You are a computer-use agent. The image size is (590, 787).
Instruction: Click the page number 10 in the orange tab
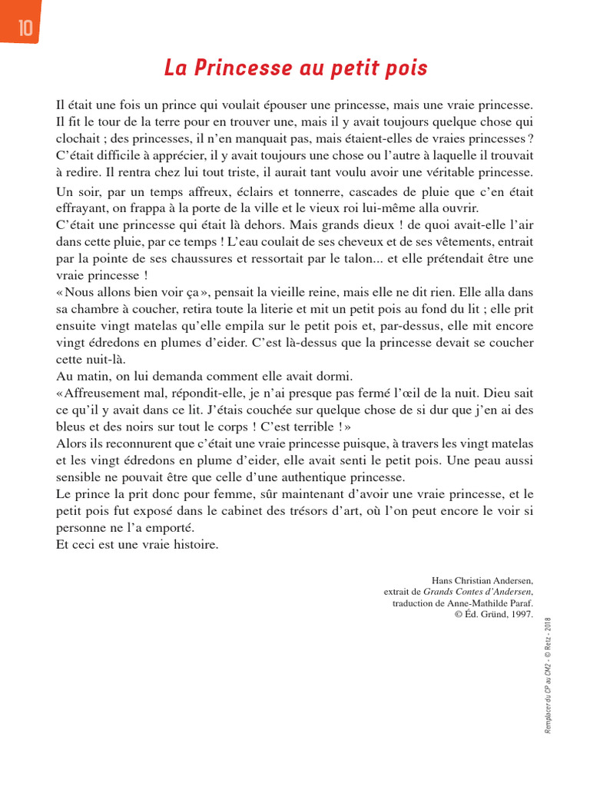tap(25, 28)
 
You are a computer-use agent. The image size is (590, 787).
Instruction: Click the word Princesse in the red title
tap(244, 69)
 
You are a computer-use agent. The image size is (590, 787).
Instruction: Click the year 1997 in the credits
tap(519, 614)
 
